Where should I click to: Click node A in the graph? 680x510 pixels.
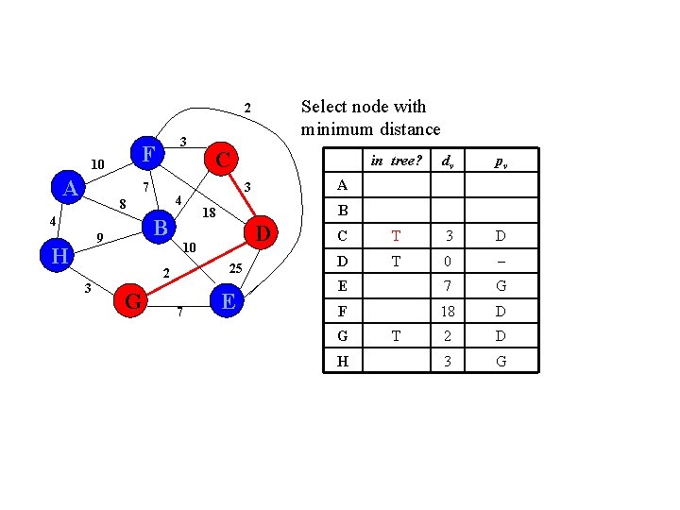70,189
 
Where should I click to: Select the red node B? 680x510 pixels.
161,228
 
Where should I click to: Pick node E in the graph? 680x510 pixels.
227,301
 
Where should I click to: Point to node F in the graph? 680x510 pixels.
147,153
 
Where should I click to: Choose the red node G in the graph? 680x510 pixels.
133,301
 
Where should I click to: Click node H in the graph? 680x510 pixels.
59,255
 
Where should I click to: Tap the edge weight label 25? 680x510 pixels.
238,270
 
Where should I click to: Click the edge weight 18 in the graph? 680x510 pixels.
210,213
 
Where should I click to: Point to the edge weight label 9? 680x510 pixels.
99,237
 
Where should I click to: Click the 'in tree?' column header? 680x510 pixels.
396,161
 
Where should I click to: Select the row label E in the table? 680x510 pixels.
342,285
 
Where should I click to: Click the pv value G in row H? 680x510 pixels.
501,361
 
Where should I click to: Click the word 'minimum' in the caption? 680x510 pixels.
337,129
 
